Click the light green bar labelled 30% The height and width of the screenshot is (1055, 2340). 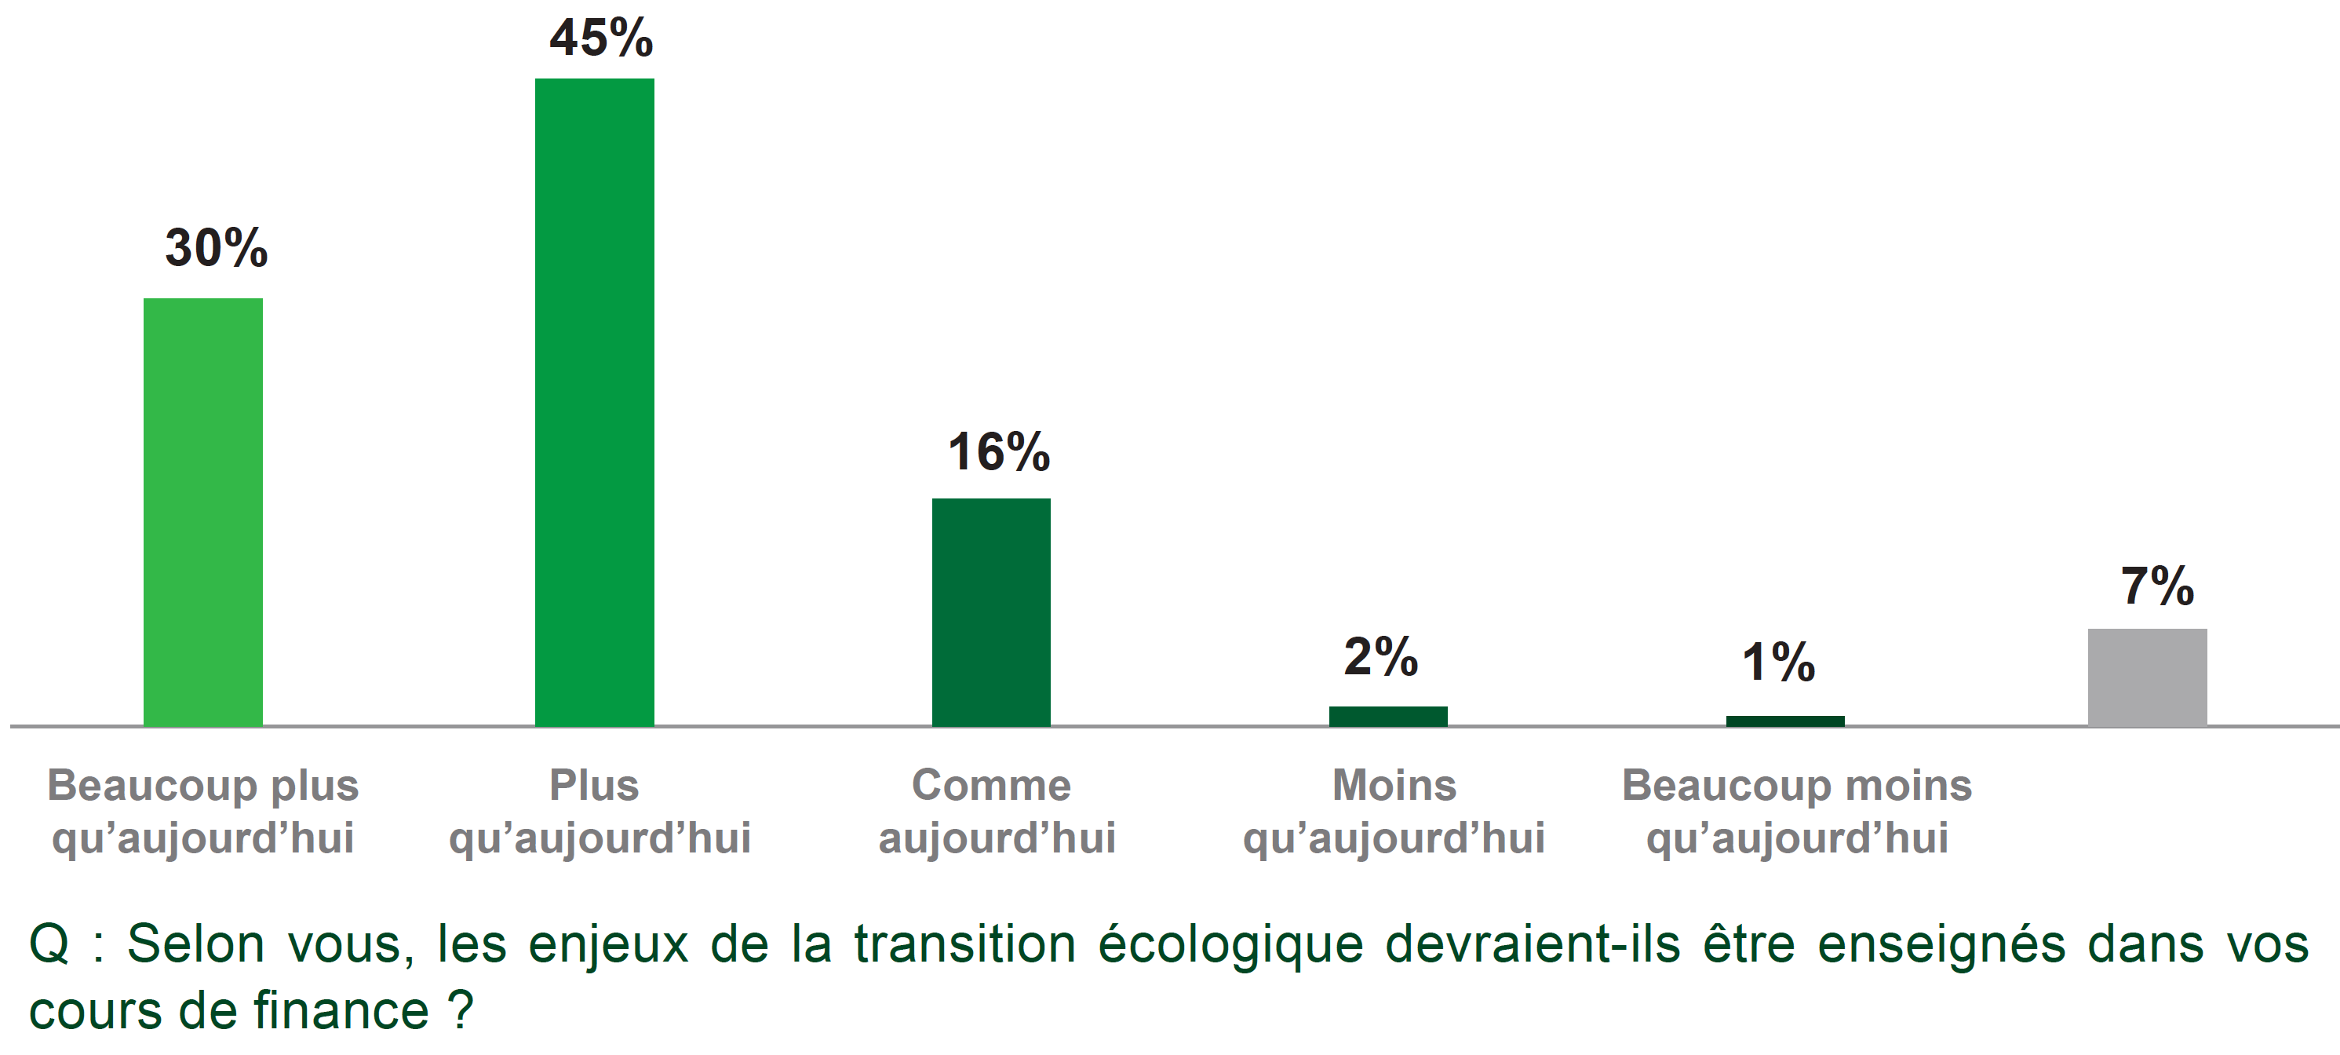pos(202,512)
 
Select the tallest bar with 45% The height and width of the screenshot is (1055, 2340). pos(594,402)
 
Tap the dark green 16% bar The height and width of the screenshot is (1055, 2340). pos(991,611)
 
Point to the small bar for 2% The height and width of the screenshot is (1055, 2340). pos(1388,716)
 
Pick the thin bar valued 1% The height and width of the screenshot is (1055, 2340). pos(1785,721)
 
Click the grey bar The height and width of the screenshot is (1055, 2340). pos(2148,677)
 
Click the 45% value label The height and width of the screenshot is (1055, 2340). pos(601,38)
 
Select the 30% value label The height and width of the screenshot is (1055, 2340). pos(217,248)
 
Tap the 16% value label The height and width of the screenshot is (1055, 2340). pos(998,451)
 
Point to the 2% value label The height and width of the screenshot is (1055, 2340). pos(1381,656)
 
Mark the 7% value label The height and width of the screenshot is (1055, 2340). pos(2157,586)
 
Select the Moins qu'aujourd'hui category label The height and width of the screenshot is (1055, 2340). pos(1394,811)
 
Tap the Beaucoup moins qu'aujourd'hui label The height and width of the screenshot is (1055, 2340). pos(1797,811)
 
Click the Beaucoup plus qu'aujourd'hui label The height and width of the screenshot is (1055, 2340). pos(202,811)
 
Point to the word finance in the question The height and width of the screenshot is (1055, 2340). pos(340,1010)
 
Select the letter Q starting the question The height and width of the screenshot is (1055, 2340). pos(49,944)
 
